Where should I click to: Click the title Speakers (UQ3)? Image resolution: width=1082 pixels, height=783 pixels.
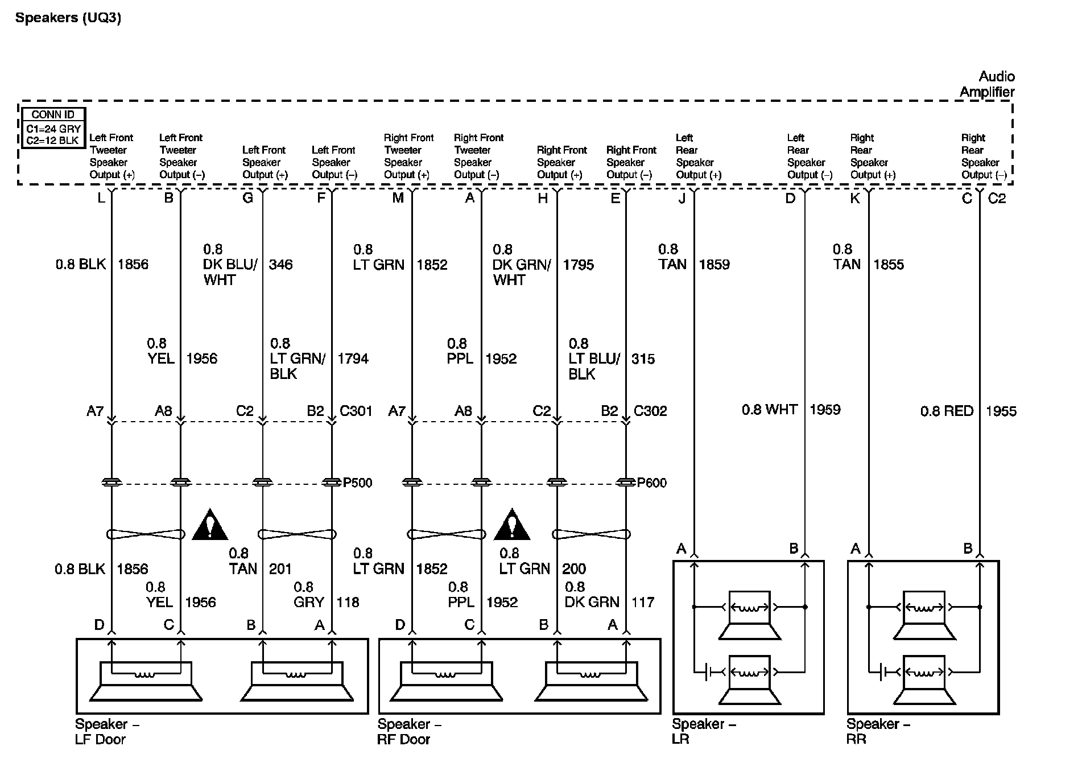click(68, 18)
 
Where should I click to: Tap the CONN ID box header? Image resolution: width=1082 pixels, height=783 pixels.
click(53, 115)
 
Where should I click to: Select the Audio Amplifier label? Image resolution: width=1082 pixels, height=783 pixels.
click(987, 84)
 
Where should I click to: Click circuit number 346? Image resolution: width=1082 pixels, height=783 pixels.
click(280, 265)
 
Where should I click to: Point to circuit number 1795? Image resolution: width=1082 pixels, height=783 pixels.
click(578, 265)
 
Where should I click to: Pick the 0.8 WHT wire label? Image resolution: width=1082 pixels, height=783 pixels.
click(769, 410)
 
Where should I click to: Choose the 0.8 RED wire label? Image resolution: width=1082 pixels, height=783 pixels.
click(947, 411)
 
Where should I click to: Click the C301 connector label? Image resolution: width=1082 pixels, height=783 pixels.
click(356, 411)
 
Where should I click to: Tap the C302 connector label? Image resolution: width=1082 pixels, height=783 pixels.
click(650, 411)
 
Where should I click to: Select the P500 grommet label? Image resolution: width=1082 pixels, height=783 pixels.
click(357, 483)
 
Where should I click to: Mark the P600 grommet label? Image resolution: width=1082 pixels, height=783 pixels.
click(651, 483)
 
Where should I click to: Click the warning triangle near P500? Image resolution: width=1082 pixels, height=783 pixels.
click(210, 525)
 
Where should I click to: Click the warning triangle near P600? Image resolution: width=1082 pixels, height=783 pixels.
click(512, 525)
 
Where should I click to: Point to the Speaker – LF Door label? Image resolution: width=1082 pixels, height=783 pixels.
click(107, 732)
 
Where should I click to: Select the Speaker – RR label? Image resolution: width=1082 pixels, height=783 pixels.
click(878, 732)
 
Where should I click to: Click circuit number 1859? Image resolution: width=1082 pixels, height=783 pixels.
click(714, 265)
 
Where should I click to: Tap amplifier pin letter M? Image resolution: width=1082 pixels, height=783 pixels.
click(398, 198)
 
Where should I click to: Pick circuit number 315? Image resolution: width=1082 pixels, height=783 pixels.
click(643, 359)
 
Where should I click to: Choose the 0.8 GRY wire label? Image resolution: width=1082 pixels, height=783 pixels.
click(309, 595)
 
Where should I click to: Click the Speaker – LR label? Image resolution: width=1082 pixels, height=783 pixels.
click(704, 732)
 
